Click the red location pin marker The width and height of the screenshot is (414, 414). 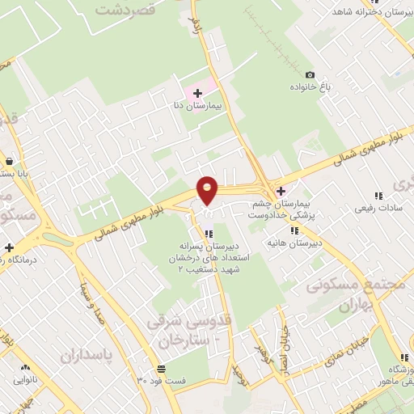click(208, 191)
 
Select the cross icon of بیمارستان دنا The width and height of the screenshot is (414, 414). click(197, 94)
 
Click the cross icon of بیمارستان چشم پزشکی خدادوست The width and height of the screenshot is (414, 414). click(281, 192)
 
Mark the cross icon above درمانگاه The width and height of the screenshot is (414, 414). click(9, 247)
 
